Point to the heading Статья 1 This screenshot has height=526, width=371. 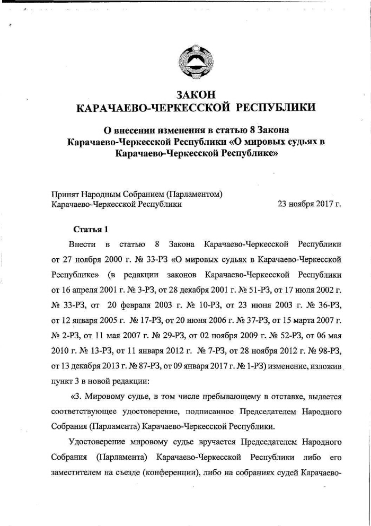90,230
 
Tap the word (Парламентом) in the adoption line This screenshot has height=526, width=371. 193,194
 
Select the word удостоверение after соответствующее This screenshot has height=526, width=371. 154,410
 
